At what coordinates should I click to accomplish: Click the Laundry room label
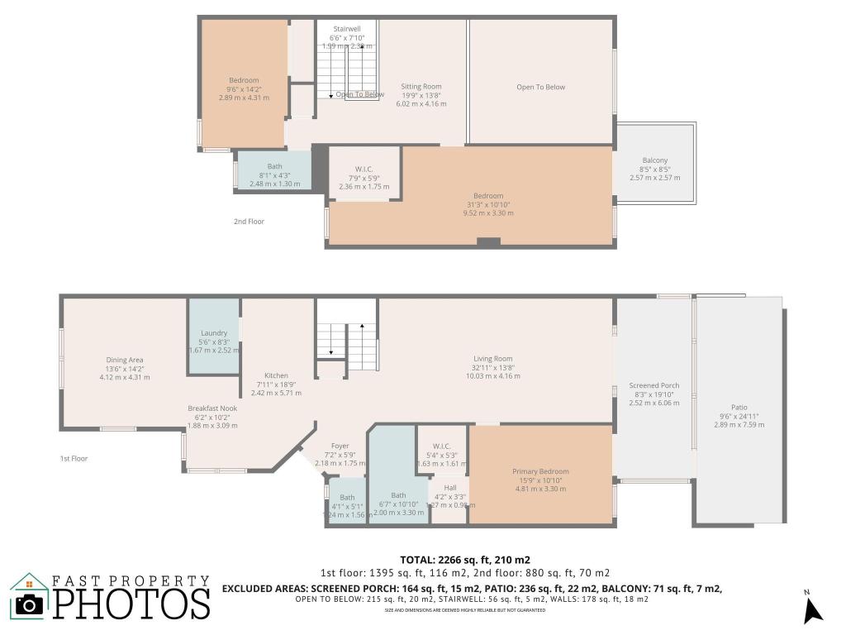click(x=214, y=333)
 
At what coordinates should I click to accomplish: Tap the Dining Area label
click(x=125, y=360)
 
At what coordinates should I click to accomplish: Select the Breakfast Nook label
click(x=212, y=408)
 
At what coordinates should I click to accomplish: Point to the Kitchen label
click(x=276, y=375)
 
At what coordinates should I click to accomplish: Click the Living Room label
click(x=493, y=359)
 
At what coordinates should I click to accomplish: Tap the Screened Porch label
click(x=654, y=385)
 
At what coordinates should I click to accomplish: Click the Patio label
click(x=739, y=407)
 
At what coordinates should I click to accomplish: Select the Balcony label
click(x=655, y=160)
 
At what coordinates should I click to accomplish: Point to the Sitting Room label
click(x=421, y=87)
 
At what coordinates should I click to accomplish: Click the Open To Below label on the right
click(x=541, y=87)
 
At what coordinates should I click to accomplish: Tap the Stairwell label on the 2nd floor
click(x=346, y=29)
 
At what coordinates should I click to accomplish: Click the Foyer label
click(x=340, y=446)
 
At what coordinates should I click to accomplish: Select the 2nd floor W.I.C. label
click(x=364, y=169)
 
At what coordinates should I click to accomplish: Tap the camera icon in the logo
click(x=30, y=604)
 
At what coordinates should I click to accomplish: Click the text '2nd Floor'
click(x=249, y=222)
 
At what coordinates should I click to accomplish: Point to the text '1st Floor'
click(x=74, y=458)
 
